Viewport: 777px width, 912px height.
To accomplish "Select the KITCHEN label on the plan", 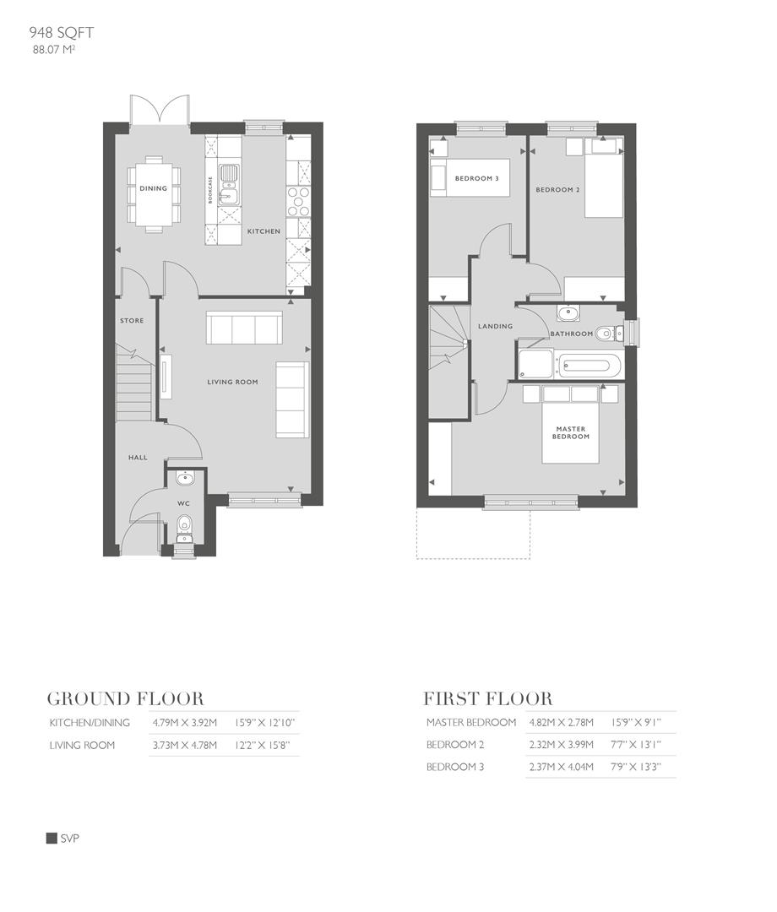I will coord(263,231).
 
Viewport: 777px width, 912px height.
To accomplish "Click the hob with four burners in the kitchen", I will coord(298,202).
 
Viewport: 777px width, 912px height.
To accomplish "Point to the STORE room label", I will coord(131,321).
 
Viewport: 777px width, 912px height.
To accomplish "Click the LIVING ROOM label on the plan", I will coord(232,382).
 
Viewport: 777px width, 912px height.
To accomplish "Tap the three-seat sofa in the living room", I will coord(245,328).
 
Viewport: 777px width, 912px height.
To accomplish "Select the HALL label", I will coord(138,458).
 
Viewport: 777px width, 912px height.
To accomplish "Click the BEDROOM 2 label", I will coord(557,190).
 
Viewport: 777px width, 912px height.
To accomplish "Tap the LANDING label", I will coord(495,326).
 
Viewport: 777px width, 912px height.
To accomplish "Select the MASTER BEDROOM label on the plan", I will coord(570,432).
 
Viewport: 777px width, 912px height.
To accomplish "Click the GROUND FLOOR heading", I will coord(125,699).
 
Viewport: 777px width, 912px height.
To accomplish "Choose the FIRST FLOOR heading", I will coord(487,699).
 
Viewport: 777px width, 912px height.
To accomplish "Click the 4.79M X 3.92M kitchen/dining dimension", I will coord(185,723).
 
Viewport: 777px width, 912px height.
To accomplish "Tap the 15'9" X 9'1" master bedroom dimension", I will coord(636,723).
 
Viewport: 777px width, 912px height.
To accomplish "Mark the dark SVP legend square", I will coord(52,839).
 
